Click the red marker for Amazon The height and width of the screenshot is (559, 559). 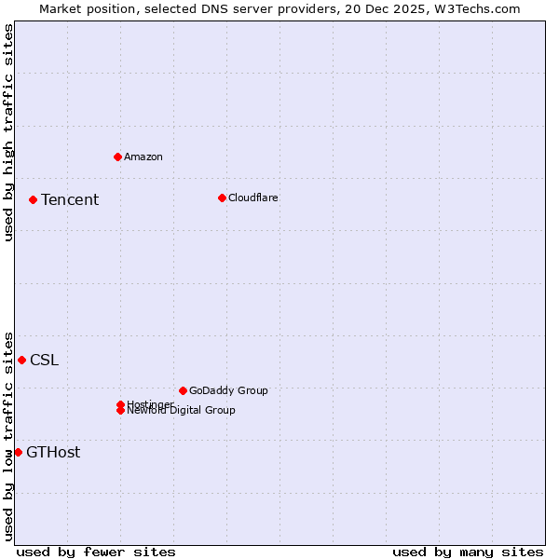tap(117, 157)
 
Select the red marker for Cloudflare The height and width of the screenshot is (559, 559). tap(222, 198)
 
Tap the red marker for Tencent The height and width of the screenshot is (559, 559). tap(33, 199)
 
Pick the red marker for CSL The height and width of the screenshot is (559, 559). tap(21, 360)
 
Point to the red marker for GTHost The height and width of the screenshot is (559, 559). tap(18, 452)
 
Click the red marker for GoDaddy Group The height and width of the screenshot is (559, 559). tap(183, 390)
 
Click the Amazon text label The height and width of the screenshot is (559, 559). tap(143, 157)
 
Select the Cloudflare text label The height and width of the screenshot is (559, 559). tap(253, 198)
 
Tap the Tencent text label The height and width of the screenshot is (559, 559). tap(70, 199)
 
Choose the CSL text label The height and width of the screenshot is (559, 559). tap(44, 361)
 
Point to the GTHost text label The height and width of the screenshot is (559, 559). tap(53, 453)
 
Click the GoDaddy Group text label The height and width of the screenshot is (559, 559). tap(228, 390)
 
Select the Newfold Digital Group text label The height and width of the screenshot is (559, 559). tap(182, 411)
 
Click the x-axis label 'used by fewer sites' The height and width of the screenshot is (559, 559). tap(96, 552)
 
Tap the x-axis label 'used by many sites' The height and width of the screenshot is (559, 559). tap(468, 552)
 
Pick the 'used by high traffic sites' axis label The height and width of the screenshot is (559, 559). tap(8, 132)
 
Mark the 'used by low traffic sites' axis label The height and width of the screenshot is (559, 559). tap(8, 435)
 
